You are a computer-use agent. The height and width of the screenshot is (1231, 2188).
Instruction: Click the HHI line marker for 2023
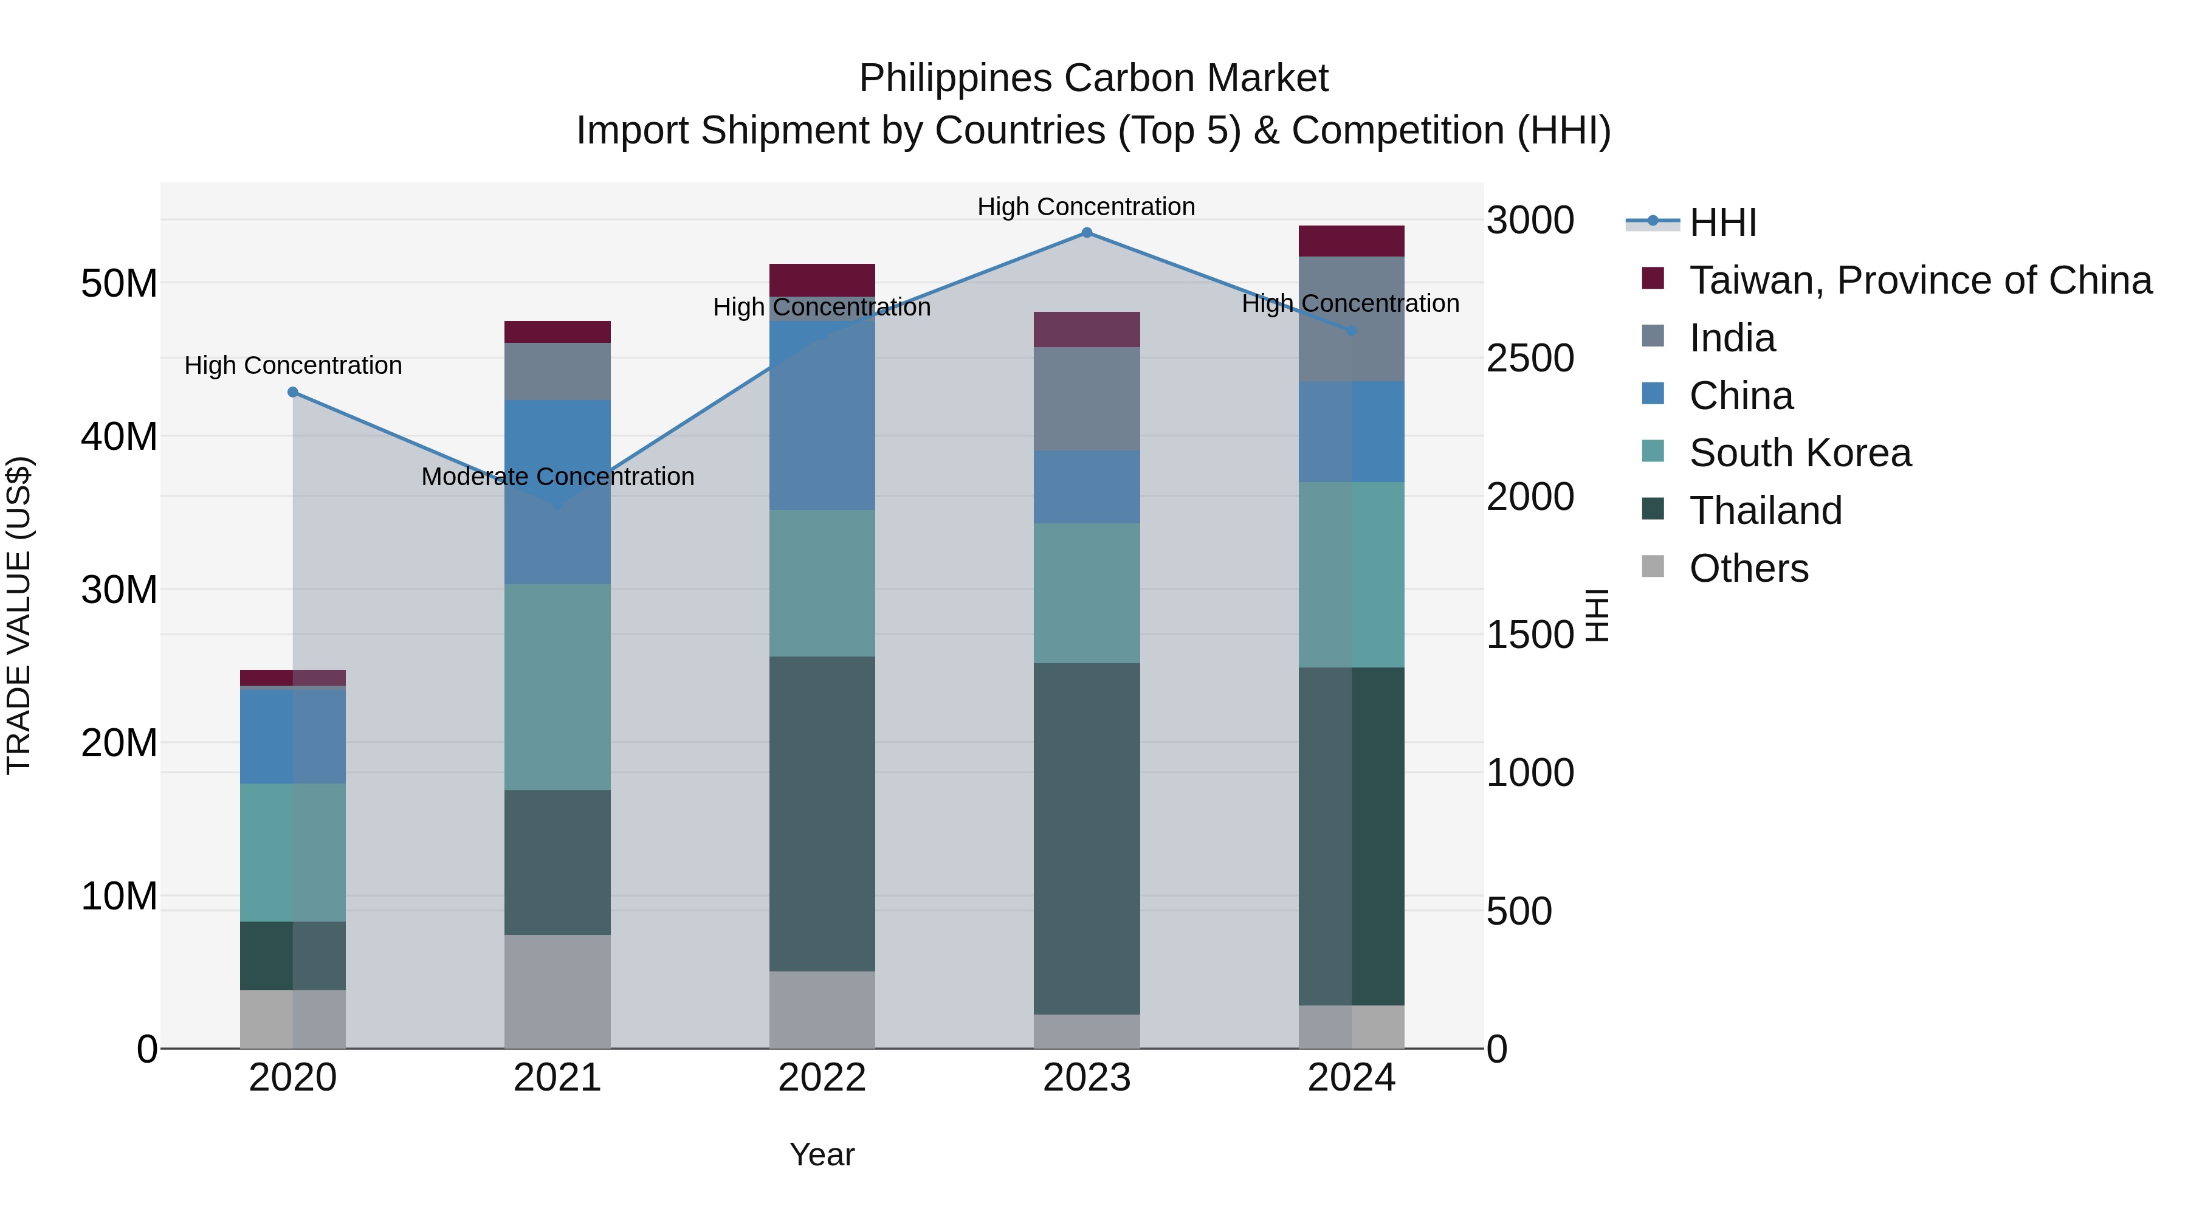pos(1086,233)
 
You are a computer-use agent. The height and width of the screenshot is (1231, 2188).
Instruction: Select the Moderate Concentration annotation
pos(557,477)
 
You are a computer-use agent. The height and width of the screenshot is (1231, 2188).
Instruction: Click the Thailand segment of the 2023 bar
pos(1086,838)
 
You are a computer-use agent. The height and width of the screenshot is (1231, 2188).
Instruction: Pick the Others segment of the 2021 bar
pos(557,991)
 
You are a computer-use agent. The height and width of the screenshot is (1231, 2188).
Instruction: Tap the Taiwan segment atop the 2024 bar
pos(1350,241)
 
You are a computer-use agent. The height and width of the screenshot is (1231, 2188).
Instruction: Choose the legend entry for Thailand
pos(1765,511)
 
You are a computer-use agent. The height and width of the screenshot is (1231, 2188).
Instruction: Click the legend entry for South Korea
pos(1800,453)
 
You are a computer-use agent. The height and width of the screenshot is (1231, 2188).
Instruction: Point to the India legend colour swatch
pos(1653,336)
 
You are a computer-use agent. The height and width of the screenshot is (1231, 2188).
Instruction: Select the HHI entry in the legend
pos(1722,222)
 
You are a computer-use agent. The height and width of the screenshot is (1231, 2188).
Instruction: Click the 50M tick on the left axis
pos(119,284)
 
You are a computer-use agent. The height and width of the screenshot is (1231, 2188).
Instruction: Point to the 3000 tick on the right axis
pos(1530,221)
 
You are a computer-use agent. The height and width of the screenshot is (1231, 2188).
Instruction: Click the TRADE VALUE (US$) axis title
pos(19,615)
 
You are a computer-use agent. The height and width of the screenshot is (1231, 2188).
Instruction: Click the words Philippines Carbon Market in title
pos(1093,78)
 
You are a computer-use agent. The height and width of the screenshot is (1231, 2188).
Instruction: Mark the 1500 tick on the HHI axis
pos(1530,635)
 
